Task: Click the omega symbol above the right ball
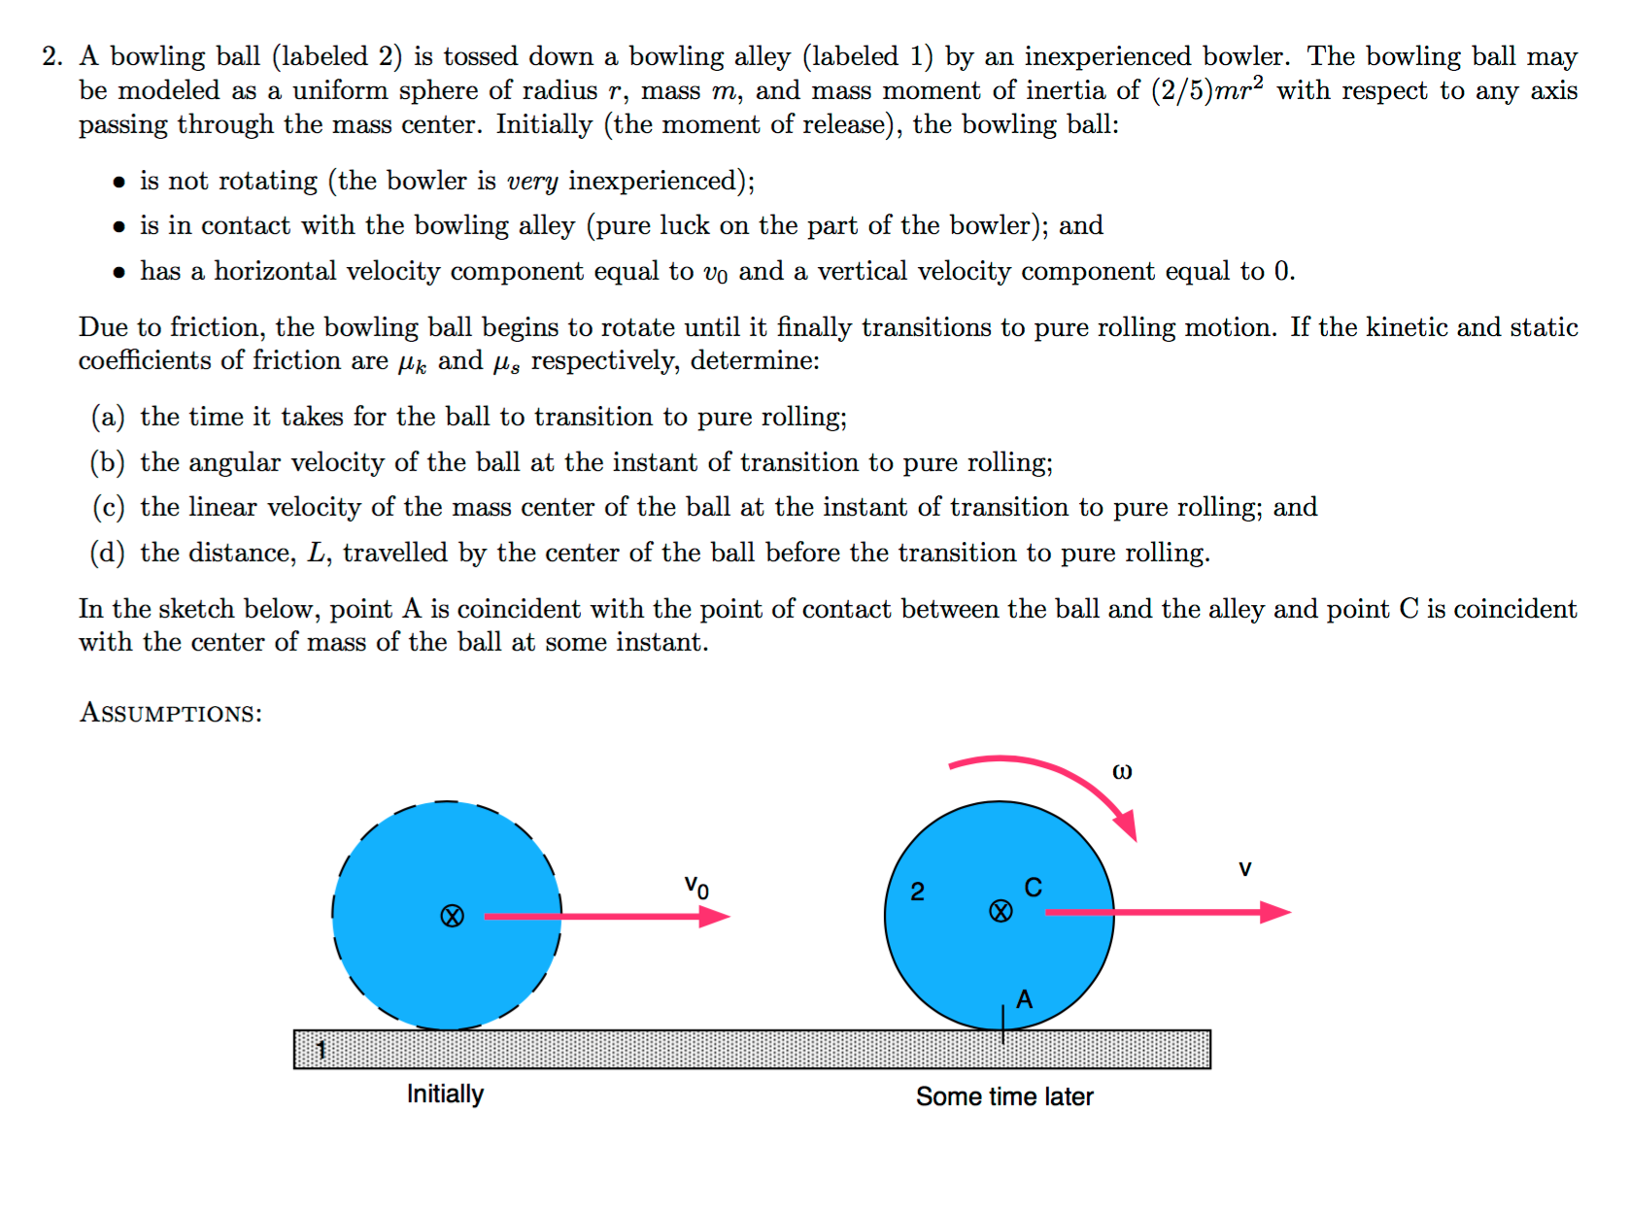pyautogui.click(x=1122, y=772)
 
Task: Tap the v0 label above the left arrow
pyautogui.click(x=696, y=886)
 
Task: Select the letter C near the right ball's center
pyautogui.click(x=1033, y=887)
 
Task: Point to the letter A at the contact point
pyautogui.click(x=1024, y=999)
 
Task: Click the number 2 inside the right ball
pyautogui.click(x=917, y=891)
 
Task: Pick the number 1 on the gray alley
pyautogui.click(x=322, y=1049)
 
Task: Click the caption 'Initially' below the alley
pyautogui.click(x=445, y=1094)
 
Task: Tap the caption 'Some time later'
pyautogui.click(x=1004, y=1096)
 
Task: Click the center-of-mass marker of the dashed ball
pyautogui.click(x=452, y=916)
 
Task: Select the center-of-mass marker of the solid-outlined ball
pyautogui.click(x=1001, y=911)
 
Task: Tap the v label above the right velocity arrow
pyautogui.click(x=1244, y=869)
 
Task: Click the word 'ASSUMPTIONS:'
pyautogui.click(x=171, y=713)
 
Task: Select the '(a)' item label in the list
pyautogui.click(x=108, y=417)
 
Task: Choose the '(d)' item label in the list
pyautogui.click(x=108, y=553)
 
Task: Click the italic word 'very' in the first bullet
pyautogui.click(x=532, y=182)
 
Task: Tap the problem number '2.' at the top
pyautogui.click(x=52, y=56)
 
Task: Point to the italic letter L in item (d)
pyautogui.click(x=317, y=553)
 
